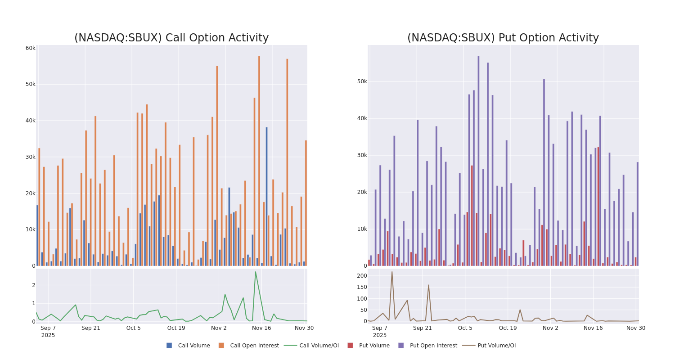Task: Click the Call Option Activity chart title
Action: click(x=171, y=38)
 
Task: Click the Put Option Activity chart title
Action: click(x=503, y=38)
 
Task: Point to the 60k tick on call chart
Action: click(x=30, y=48)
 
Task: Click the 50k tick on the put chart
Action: click(x=362, y=81)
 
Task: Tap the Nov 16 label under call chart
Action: click(x=261, y=328)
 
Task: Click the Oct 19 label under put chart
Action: click(x=508, y=328)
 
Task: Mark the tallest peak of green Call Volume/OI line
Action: click(x=256, y=272)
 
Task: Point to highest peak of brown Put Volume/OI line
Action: click(x=391, y=272)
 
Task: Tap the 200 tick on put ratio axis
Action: click(x=362, y=275)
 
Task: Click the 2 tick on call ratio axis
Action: click(x=33, y=285)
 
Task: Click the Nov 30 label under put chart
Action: click(x=635, y=328)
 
